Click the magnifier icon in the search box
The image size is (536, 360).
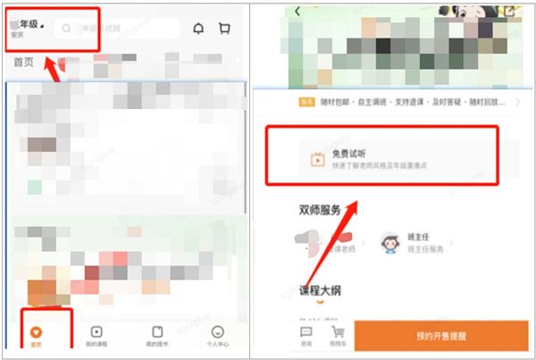[67, 28]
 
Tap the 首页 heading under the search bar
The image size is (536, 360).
[23, 63]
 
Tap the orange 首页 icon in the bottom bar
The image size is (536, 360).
[35, 331]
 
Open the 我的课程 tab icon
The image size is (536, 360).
[96, 331]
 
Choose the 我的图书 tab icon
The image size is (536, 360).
[155, 331]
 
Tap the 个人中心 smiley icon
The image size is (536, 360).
[218, 331]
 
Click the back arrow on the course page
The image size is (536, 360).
[297, 11]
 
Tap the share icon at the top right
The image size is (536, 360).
[509, 11]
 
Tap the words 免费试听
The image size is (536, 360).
[349, 152]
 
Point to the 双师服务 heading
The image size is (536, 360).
[320, 211]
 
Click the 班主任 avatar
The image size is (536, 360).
[389, 242]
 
